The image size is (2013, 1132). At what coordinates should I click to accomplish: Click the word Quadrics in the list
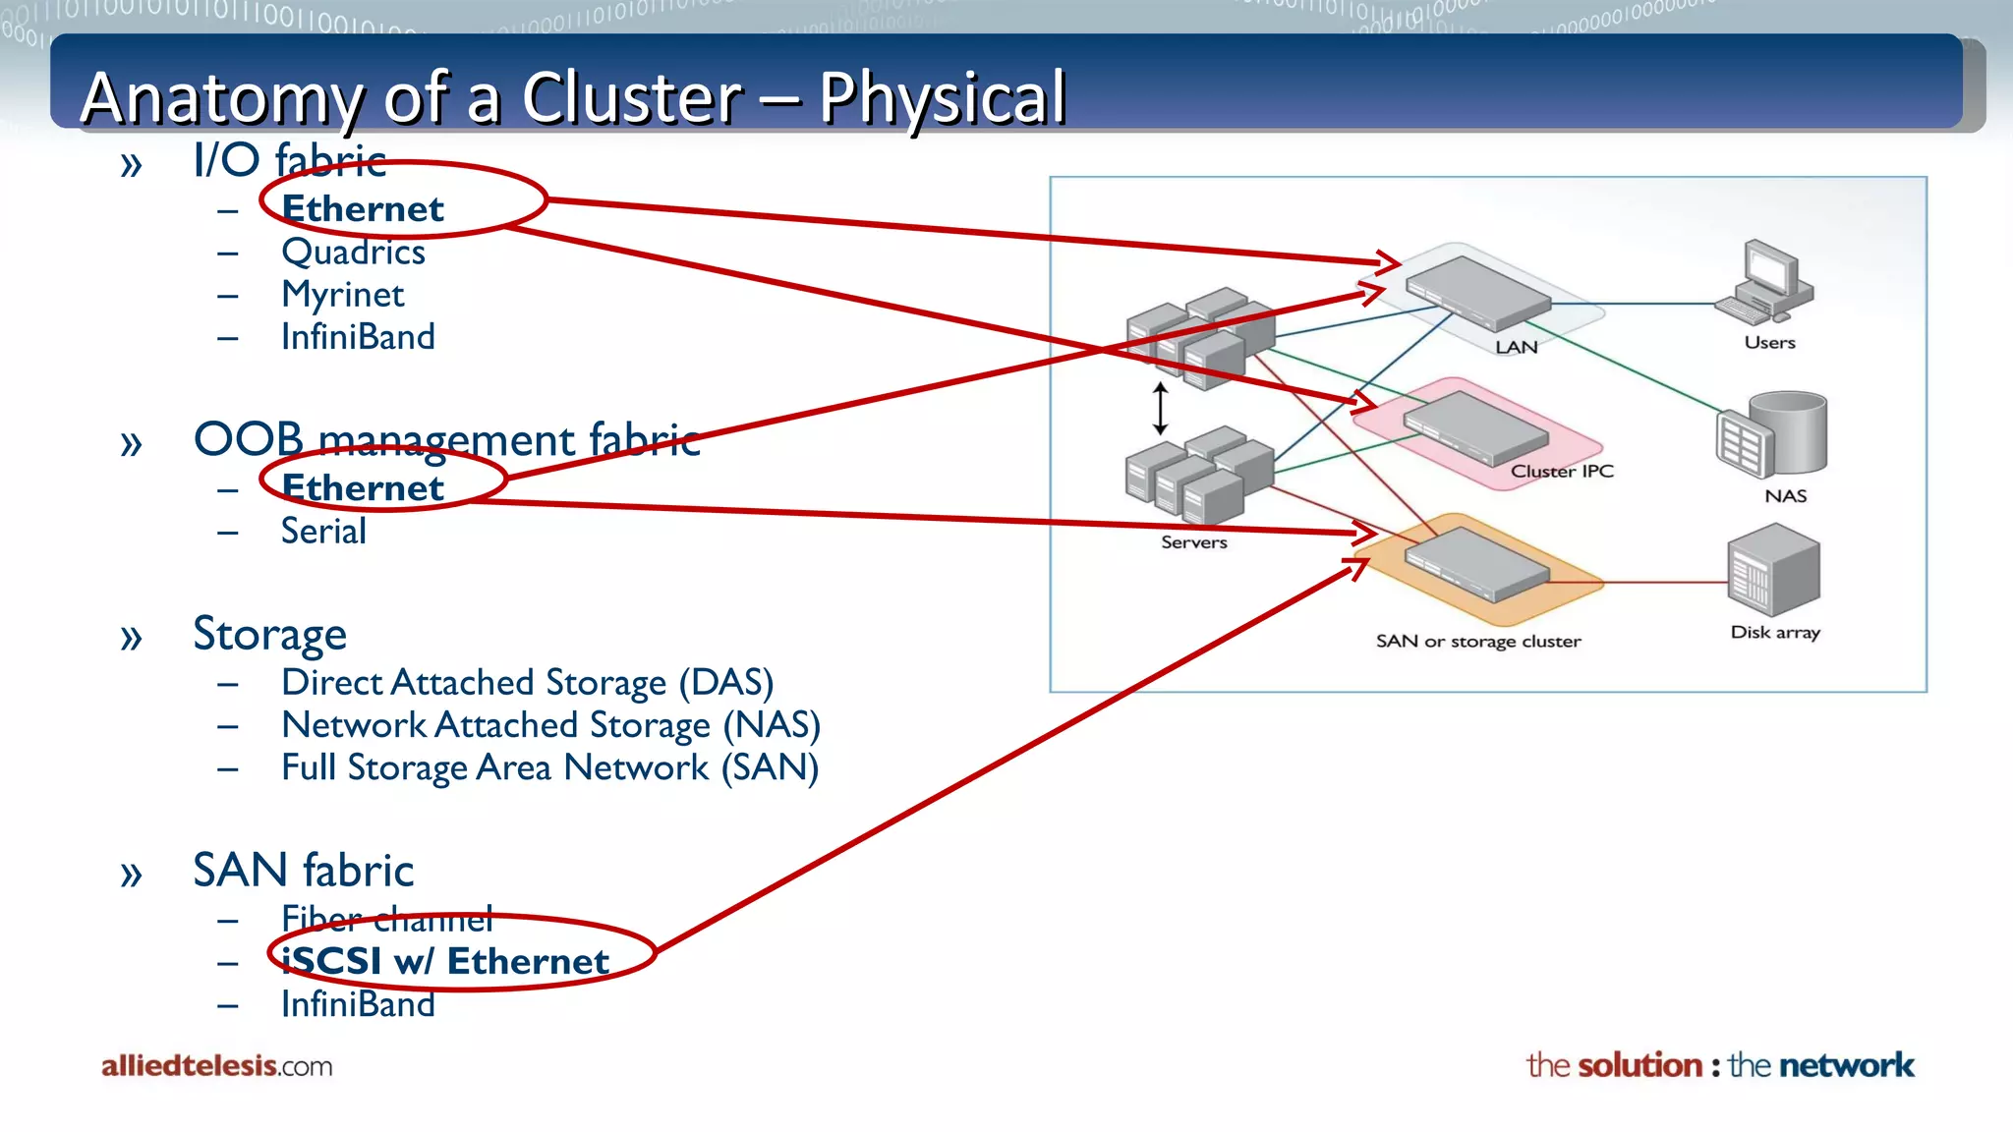click(353, 253)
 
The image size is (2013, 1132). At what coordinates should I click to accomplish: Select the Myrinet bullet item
click(342, 295)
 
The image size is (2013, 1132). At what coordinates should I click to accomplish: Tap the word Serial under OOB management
click(323, 532)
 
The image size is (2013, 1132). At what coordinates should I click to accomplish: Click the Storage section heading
click(269, 634)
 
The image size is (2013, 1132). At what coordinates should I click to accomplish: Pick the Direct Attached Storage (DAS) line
click(527, 682)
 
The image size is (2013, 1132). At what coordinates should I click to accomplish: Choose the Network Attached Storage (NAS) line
click(550, 725)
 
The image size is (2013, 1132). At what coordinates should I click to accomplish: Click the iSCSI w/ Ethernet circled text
click(445, 961)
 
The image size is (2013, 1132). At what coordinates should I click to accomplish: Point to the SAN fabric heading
click(303, 871)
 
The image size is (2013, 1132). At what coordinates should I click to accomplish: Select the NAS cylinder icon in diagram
click(1772, 435)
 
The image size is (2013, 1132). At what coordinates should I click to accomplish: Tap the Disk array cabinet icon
click(1773, 572)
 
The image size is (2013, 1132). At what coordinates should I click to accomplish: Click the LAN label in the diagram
click(1516, 347)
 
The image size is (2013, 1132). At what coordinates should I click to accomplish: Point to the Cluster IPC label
click(1562, 472)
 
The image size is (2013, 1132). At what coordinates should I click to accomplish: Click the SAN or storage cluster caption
click(1477, 642)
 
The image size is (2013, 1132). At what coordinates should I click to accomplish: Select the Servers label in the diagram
click(1193, 542)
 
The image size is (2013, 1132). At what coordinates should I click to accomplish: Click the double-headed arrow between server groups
click(1160, 409)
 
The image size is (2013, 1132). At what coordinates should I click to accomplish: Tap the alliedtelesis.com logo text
click(216, 1066)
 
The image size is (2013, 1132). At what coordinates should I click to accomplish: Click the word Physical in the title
click(943, 98)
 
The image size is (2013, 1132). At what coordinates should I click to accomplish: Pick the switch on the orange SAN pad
click(1476, 564)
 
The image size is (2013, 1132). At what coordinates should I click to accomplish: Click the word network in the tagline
click(1846, 1065)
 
